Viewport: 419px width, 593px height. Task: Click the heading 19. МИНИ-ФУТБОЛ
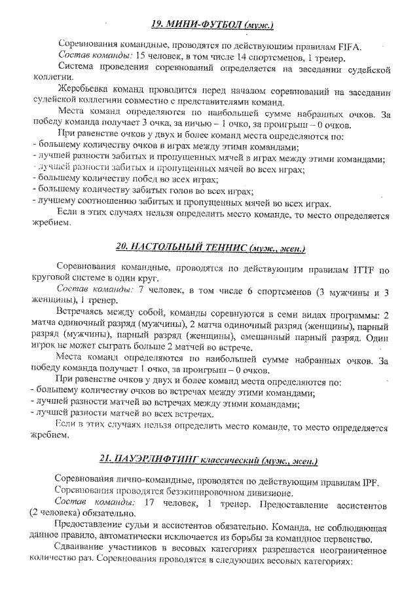211,24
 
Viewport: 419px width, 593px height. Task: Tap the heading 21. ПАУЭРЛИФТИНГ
209,460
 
